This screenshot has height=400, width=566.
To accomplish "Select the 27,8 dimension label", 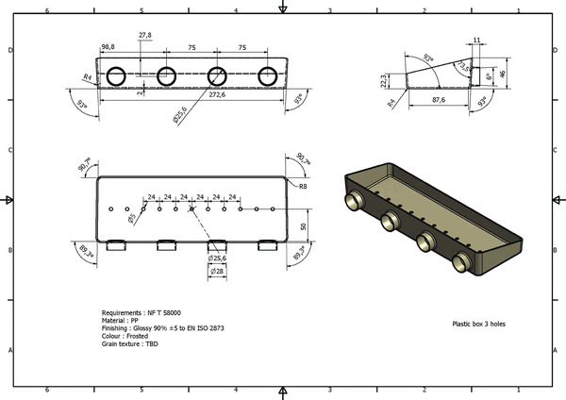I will pos(144,35).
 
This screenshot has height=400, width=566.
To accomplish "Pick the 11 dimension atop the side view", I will pos(476,41).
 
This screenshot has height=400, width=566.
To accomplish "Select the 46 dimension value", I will pos(503,72).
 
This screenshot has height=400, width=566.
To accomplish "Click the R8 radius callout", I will pos(303,187).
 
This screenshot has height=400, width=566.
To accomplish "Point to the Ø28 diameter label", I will pos(216,272).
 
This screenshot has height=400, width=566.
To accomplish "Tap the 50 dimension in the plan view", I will pos(303,227).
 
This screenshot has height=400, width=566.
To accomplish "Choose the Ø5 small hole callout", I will pos(132,219).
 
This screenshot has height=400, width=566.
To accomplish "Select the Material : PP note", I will pos(120,320).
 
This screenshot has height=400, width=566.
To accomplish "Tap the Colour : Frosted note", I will pos(127,336).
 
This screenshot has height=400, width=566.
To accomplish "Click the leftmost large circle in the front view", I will pos(116,76).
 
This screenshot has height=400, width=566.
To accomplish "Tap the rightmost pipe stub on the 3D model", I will pos(461,261).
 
